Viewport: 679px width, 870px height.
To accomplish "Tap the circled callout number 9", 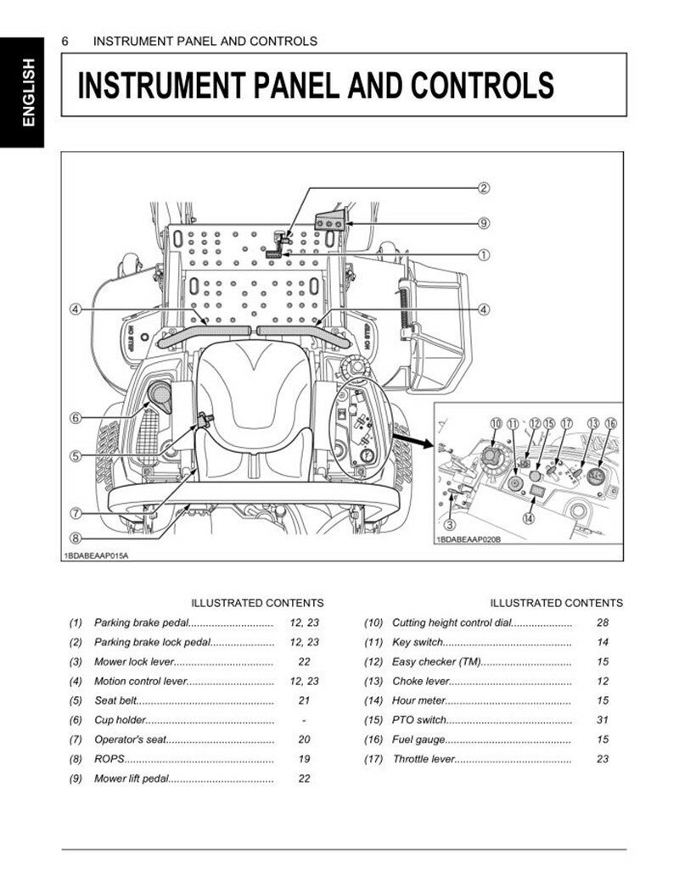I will (x=484, y=224).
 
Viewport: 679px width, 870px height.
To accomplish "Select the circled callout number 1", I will (x=484, y=254).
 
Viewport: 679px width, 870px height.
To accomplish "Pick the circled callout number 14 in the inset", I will (x=528, y=519).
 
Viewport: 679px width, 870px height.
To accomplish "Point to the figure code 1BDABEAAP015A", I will (x=101, y=555).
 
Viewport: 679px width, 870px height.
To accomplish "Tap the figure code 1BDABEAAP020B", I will (x=468, y=540).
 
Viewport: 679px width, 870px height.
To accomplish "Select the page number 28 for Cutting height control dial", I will (x=603, y=622).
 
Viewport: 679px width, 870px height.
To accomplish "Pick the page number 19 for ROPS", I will (x=304, y=759).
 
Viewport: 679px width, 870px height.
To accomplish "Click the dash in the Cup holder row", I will (x=304, y=720).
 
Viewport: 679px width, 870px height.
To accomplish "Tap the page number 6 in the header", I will (x=65, y=41).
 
